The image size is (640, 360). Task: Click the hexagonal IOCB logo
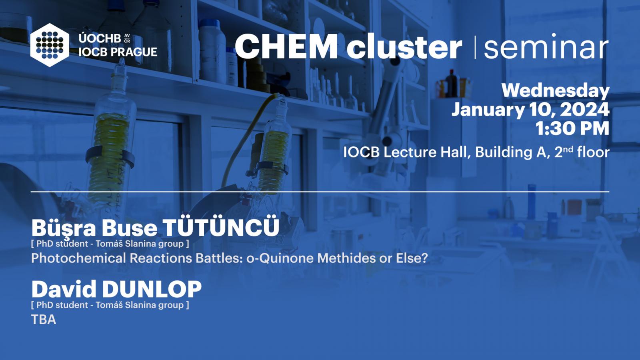pos(50,45)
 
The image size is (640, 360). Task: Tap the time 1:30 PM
pos(572,128)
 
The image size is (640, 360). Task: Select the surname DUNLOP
pos(152,289)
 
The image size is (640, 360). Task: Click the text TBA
pos(44,320)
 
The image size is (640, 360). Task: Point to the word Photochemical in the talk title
pos(78,258)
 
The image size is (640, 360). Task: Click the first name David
pos(64,289)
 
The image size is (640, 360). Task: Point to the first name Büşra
pos(64,228)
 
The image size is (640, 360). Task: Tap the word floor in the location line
pos(593,152)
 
